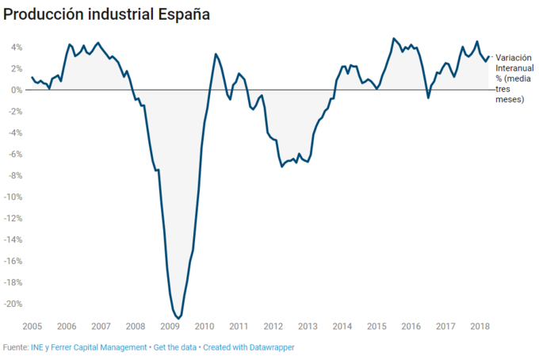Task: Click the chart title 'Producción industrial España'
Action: (106, 15)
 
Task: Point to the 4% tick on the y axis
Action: (17, 47)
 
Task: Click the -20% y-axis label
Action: (13, 304)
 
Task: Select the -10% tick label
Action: (13, 197)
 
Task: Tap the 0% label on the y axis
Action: (17, 90)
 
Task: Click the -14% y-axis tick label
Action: (13, 239)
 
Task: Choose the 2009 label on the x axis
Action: (170, 326)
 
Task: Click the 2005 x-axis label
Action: (32, 326)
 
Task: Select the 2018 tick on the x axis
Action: (479, 326)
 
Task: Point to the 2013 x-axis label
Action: (308, 326)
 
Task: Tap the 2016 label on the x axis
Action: (411, 326)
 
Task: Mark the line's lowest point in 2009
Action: (178, 318)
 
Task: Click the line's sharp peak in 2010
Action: (216, 54)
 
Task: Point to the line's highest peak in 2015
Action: (393, 38)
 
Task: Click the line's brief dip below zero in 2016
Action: (429, 98)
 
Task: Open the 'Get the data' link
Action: (174, 347)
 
